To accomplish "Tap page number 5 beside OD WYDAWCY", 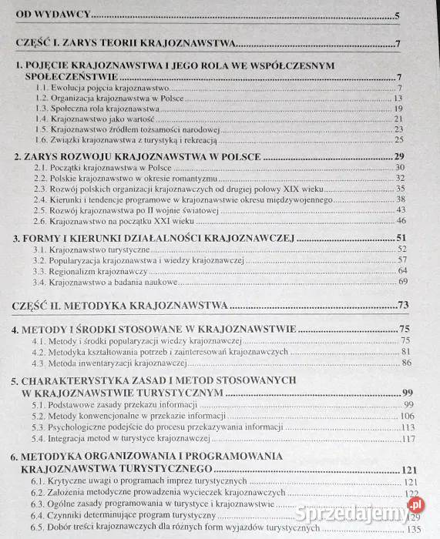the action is click(x=396, y=15).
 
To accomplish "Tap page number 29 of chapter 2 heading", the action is click(x=400, y=156).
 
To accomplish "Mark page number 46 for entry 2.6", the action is click(x=401, y=219).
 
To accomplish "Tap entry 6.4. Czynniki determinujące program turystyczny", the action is click(x=123, y=515).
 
